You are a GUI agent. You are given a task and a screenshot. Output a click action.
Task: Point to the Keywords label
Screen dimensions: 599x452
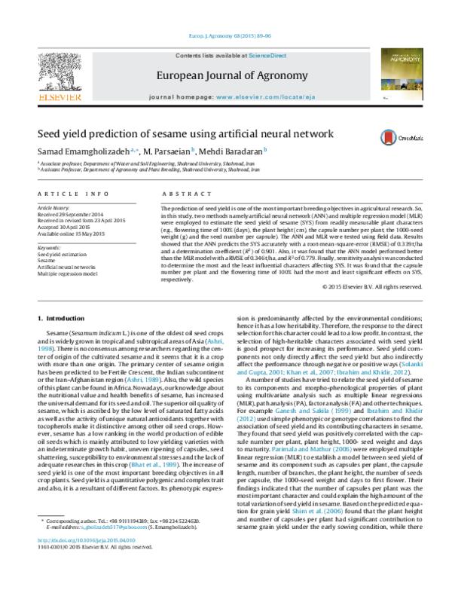pos(49,247)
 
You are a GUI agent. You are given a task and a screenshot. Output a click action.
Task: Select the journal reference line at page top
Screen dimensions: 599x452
pos(225,36)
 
